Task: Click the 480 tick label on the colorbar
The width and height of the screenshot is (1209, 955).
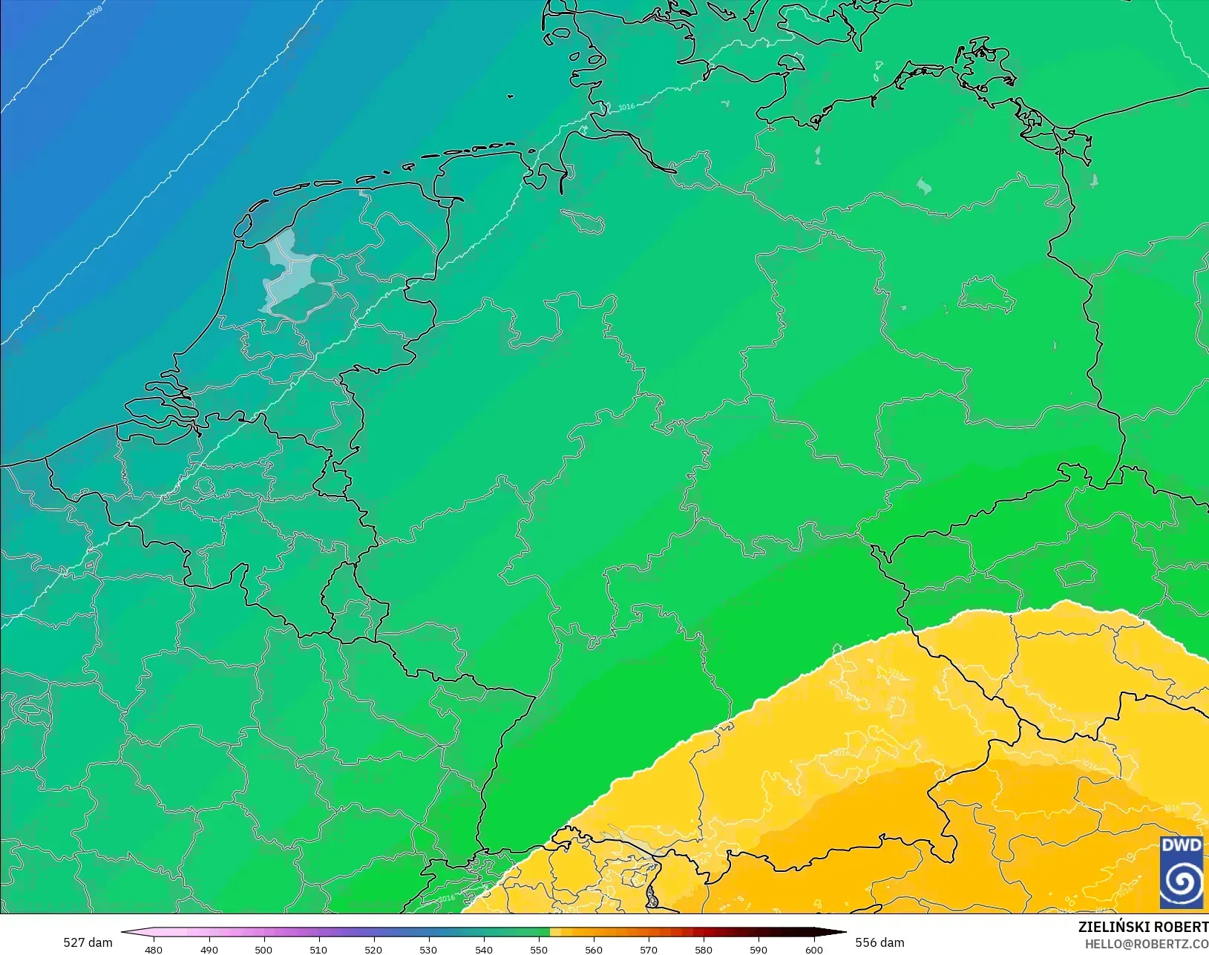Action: pos(154,949)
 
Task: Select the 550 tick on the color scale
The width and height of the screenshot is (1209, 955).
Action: pos(539,949)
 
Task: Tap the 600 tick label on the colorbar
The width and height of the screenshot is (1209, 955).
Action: pos(814,949)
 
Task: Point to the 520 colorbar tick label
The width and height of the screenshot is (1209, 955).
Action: pos(373,949)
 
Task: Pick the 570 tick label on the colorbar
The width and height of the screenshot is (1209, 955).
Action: pos(649,949)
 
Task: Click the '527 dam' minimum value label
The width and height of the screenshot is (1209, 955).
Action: pos(88,942)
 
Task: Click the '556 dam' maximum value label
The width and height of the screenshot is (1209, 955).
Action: pos(879,942)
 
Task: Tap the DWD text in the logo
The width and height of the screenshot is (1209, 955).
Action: pos(1181,846)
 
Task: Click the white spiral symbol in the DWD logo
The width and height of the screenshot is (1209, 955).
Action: pos(1181,882)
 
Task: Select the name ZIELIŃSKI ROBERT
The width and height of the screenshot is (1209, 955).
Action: pos(1143,927)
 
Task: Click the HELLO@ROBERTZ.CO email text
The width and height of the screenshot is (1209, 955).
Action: pos(1147,944)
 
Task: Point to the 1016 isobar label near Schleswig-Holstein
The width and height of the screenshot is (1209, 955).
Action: pos(626,107)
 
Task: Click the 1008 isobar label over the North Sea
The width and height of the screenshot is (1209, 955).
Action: pos(94,13)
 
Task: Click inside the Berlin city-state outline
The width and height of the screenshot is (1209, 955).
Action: pos(986,295)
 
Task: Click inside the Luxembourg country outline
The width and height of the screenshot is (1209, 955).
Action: pos(339,591)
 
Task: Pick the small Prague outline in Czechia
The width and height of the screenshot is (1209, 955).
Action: pos(1075,573)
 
